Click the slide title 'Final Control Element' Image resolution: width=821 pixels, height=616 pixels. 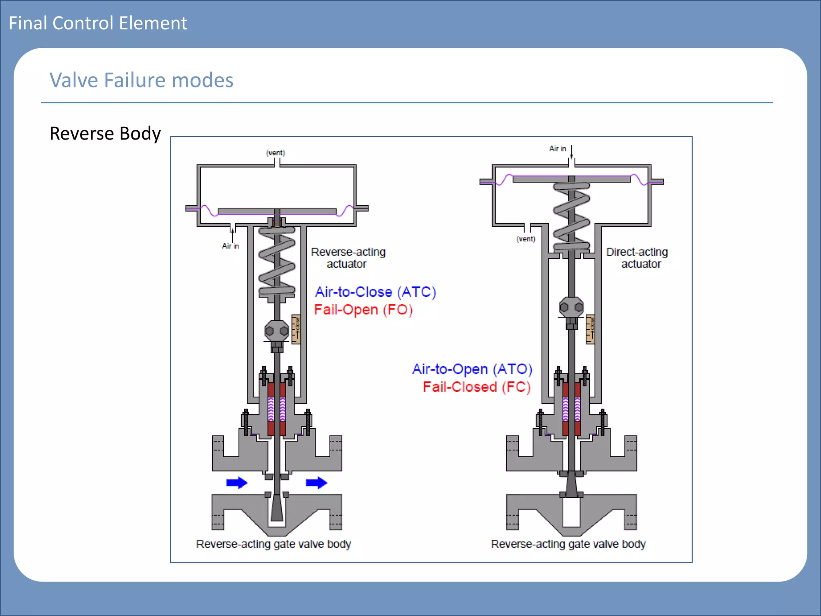click(98, 23)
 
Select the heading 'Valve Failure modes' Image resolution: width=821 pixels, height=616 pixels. click(141, 80)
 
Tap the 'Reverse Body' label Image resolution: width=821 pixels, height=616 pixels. click(105, 134)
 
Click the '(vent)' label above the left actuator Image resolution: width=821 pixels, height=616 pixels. click(275, 153)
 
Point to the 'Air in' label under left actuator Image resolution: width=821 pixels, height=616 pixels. click(231, 246)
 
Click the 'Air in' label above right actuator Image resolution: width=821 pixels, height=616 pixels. click(557, 149)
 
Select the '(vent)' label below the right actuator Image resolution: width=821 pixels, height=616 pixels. click(526, 239)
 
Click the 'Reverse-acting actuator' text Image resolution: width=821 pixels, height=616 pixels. click(348, 258)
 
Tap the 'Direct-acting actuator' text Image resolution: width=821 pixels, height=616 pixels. click(637, 258)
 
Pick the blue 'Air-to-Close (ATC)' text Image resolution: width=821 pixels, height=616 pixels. click(375, 292)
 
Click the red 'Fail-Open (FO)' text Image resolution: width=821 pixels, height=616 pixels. click(363, 310)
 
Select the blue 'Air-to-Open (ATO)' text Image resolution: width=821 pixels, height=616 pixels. click(472, 369)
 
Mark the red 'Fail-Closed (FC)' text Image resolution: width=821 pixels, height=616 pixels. click(477, 387)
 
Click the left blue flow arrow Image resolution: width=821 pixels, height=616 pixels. click(237, 482)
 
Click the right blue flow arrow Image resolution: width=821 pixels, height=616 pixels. click(316, 482)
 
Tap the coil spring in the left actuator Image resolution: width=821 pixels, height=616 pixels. click(277, 261)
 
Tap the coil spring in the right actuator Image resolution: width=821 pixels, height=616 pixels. click(571, 217)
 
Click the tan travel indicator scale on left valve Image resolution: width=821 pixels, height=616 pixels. click(296, 329)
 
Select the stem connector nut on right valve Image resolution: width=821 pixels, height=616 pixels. click(571, 308)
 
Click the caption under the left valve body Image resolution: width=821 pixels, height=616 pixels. click(273, 544)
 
